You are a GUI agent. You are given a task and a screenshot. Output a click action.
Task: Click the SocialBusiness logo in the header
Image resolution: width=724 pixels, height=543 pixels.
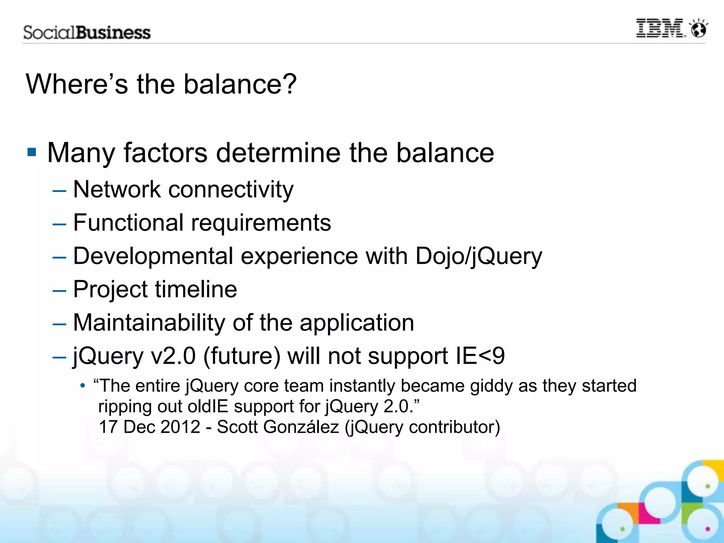(x=87, y=33)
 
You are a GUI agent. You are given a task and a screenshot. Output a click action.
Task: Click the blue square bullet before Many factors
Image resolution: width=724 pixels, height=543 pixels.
(x=32, y=152)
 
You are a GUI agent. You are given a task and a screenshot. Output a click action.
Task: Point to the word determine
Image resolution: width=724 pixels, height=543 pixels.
(x=278, y=153)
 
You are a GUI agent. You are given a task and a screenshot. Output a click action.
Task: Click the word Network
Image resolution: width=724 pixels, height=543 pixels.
(x=117, y=189)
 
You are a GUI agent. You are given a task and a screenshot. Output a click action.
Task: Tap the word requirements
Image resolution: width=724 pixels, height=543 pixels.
(x=261, y=223)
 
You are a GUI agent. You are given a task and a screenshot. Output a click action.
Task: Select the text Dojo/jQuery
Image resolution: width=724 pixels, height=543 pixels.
(x=479, y=256)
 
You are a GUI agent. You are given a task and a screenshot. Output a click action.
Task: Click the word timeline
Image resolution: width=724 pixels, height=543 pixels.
(x=196, y=289)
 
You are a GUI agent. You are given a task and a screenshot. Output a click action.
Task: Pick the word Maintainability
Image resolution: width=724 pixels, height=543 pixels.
(x=149, y=322)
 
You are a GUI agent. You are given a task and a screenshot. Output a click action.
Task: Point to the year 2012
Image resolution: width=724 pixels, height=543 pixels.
(x=180, y=427)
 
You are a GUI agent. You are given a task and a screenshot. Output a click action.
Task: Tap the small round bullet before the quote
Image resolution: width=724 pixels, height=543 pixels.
(x=82, y=386)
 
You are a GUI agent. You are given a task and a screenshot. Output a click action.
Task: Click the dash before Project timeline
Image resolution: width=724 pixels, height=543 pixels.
(x=59, y=291)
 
